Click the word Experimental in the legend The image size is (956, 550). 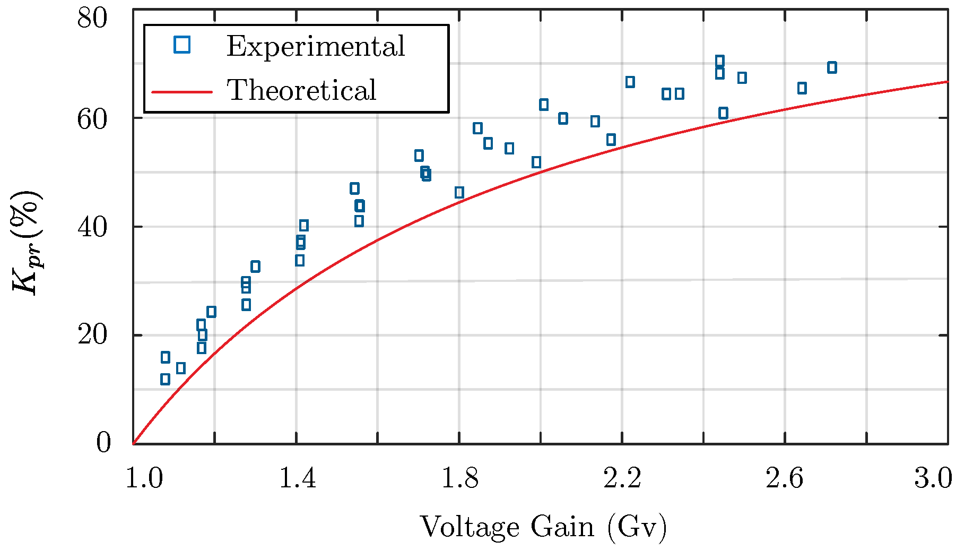point(316,47)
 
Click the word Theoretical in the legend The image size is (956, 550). point(301,90)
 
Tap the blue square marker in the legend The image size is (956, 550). point(182,45)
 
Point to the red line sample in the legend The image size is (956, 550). point(182,92)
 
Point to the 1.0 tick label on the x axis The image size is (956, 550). point(144,479)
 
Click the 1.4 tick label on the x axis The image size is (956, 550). point(297,479)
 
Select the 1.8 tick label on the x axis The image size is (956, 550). point(459,479)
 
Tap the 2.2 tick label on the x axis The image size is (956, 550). point(622,479)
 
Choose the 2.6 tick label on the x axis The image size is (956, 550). point(785,479)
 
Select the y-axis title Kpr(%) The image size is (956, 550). point(27,242)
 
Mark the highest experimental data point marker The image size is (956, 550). point(719,61)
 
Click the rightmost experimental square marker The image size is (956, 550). point(832,67)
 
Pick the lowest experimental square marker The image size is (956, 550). point(165,379)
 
